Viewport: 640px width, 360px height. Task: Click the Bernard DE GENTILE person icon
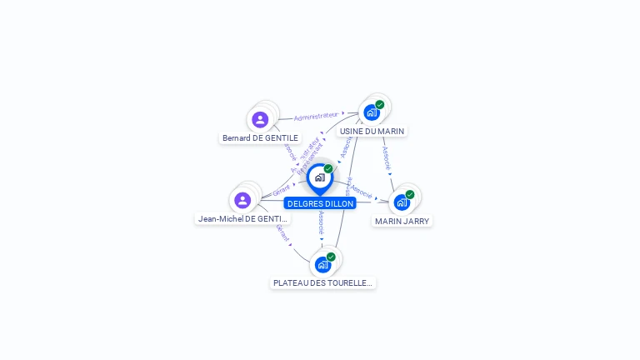(x=260, y=120)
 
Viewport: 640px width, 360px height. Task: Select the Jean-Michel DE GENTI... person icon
(x=242, y=200)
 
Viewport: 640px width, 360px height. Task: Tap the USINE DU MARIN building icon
(x=372, y=112)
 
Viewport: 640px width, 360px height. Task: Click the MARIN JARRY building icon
(x=402, y=202)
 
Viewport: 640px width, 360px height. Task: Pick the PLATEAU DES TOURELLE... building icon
(x=322, y=264)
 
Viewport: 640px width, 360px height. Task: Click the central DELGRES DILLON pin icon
(x=319, y=177)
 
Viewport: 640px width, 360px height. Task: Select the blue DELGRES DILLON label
(x=321, y=203)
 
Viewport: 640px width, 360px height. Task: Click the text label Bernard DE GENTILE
(x=260, y=137)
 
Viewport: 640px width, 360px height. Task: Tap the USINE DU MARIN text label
(x=372, y=131)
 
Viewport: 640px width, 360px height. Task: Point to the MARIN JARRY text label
(x=402, y=221)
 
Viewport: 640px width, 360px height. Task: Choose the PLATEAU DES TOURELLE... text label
(x=323, y=283)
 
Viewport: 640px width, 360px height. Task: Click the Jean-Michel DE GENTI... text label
(x=243, y=218)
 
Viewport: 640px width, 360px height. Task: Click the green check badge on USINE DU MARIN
(x=380, y=105)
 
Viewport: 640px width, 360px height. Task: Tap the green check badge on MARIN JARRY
(x=410, y=194)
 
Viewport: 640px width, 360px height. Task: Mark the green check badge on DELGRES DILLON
(x=328, y=169)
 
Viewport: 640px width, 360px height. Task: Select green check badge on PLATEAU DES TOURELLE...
(x=331, y=257)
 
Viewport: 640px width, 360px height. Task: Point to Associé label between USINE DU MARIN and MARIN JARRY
(x=387, y=158)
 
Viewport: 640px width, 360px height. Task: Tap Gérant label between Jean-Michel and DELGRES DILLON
(x=282, y=192)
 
